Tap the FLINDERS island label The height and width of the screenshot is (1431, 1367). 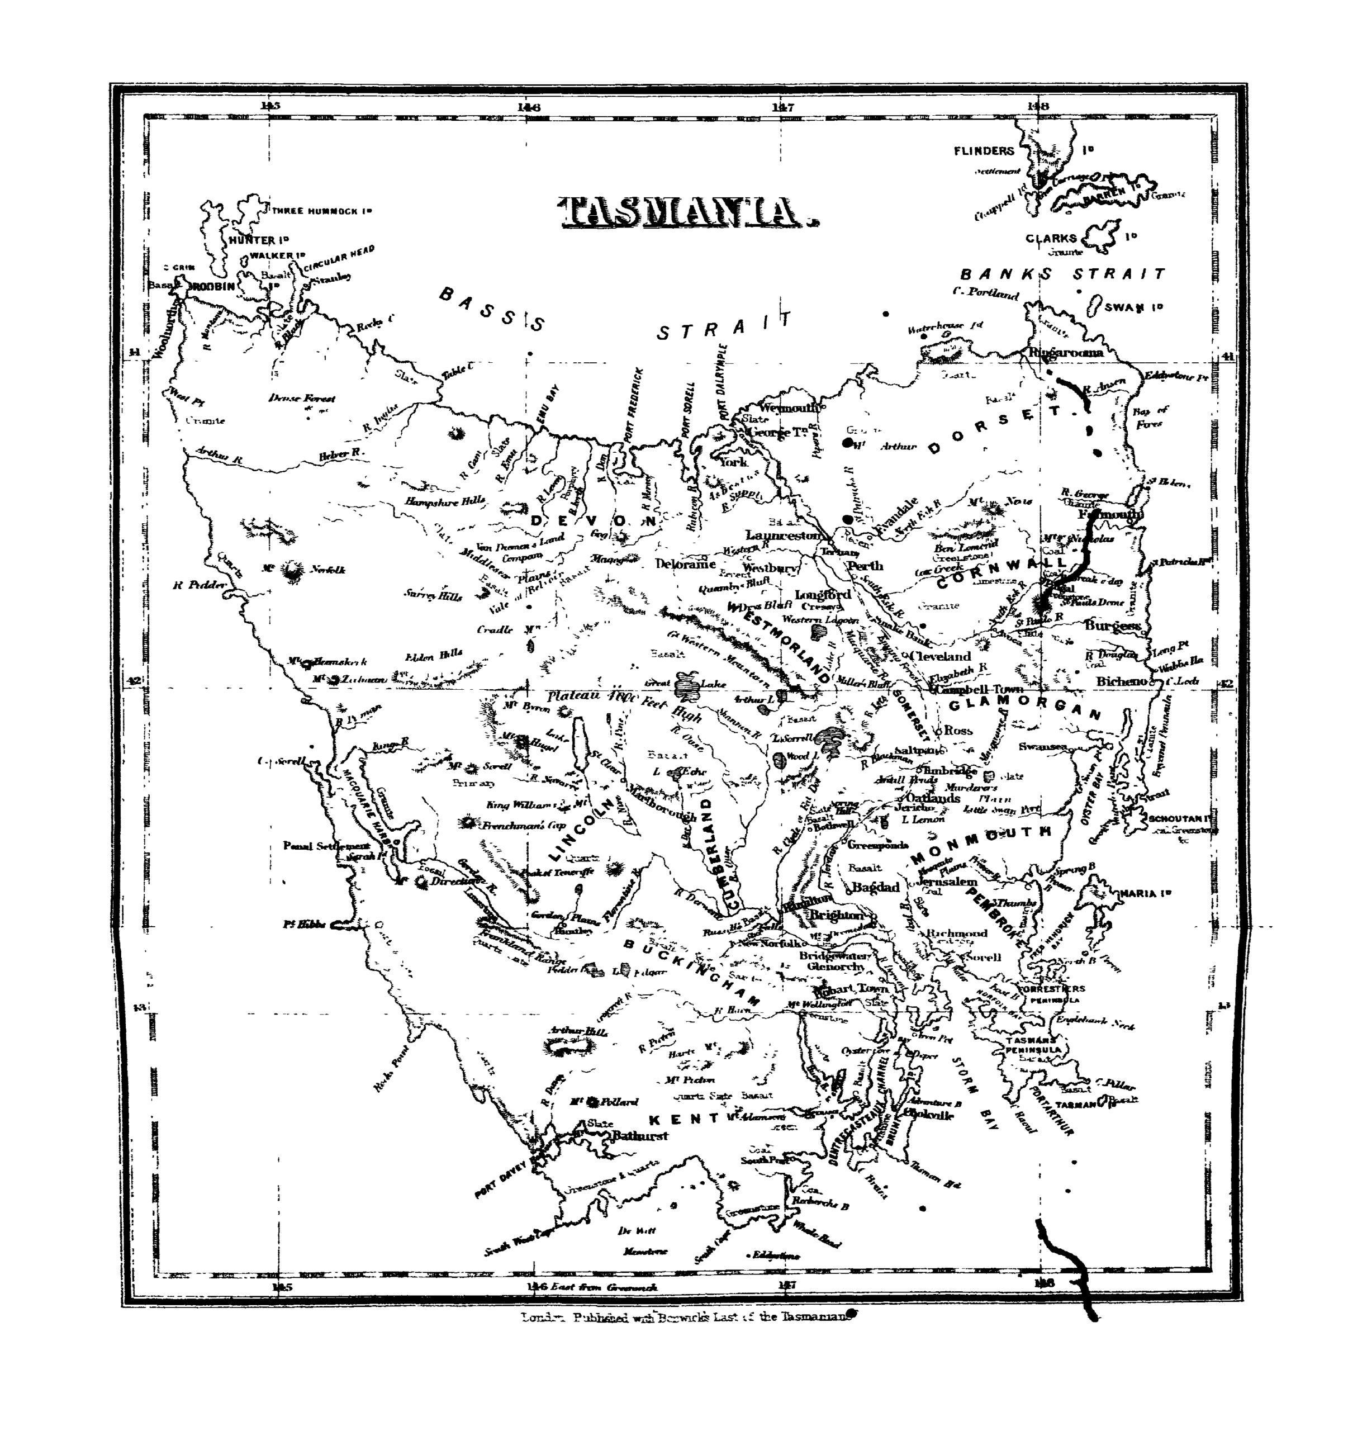(x=984, y=151)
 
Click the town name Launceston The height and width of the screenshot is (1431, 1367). (x=782, y=536)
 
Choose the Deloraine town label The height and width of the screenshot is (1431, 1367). (x=685, y=564)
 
